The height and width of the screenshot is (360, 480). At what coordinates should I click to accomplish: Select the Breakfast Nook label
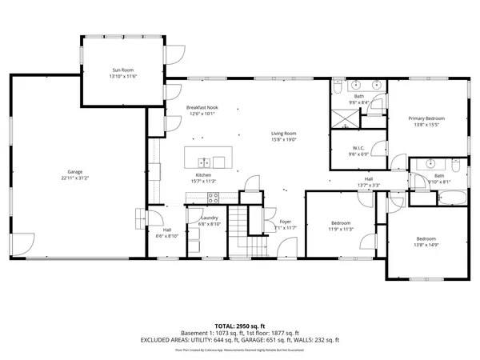click(x=202, y=108)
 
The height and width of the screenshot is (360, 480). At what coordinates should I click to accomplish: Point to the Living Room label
click(x=283, y=133)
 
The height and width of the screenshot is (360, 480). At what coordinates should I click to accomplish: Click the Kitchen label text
click(x=203, y=175)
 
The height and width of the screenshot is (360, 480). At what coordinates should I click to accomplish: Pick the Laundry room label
click(x=210, y=218)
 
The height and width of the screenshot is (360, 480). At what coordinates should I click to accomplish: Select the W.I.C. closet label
click(x=359, y=149)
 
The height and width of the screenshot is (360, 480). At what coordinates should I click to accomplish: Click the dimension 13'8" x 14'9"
click(x=426, y=245)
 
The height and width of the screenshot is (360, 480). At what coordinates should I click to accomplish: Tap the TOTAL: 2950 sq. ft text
click(x=240, y=326)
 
